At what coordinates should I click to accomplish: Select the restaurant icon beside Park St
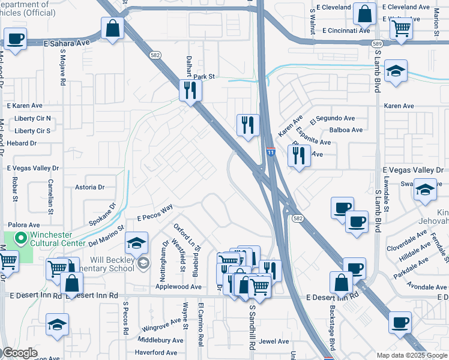click(x=190, y=91)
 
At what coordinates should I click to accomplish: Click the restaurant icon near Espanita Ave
click(x=298, y=155)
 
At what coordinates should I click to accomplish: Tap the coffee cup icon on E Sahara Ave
click(x=15, y=40)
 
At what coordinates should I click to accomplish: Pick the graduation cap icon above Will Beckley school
click(x=136, y=243)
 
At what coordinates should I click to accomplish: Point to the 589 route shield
click(x=376, y=44)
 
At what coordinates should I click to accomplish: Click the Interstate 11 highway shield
click(x=271, y=153)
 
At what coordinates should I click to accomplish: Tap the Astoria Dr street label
click(x=89, y=187)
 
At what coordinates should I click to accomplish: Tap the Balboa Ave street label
click(x=346, y=130)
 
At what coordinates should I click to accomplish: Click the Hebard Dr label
click(x=22, y=143)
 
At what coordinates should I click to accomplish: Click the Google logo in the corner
click(x=20, y=353)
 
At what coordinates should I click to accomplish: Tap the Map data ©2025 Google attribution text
click(x=411, y=355)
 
